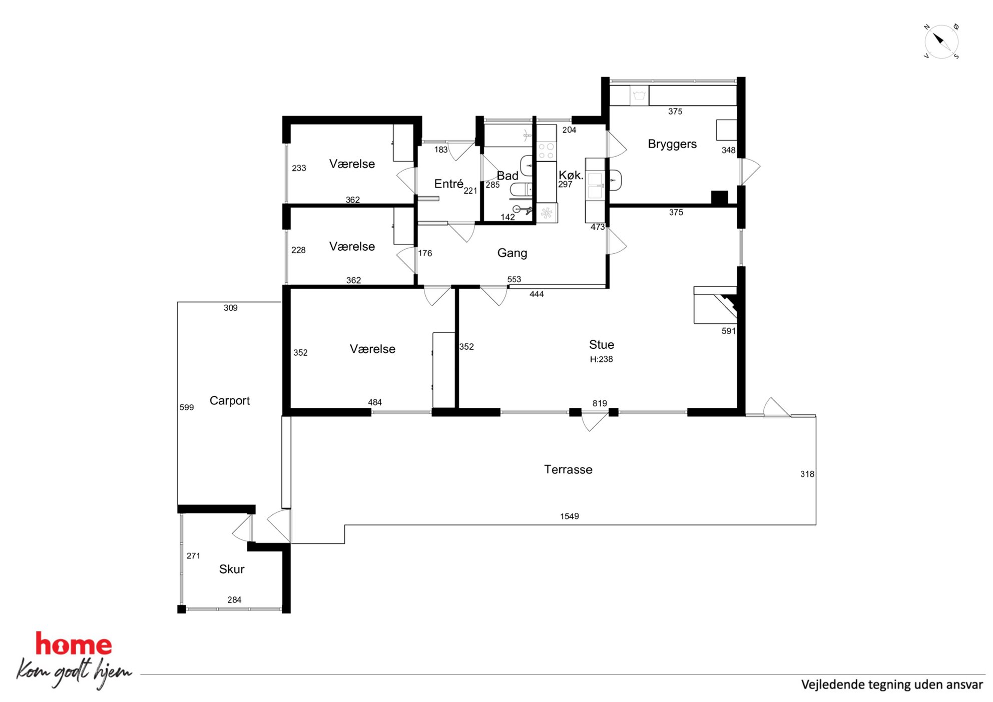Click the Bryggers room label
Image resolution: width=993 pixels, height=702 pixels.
point(672,144)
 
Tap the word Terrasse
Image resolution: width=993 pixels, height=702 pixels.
point(568,469)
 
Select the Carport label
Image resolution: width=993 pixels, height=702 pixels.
point(229,401)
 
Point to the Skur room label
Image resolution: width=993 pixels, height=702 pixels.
point(232,569)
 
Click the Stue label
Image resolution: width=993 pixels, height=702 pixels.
point(602,345)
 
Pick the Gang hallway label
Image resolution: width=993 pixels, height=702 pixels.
point(512,253)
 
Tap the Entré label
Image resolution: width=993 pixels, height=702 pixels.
point(448,184)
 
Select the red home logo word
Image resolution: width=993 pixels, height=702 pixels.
point(74,644)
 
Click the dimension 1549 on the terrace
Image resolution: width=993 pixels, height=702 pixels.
point(570,516)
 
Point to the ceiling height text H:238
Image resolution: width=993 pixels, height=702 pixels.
point(601,359)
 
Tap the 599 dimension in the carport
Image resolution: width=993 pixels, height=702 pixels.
point(187,407)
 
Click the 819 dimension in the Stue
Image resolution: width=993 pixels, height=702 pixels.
point(600,403)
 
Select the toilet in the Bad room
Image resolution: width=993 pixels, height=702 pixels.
point(521,190)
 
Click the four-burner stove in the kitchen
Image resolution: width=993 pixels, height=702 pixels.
point(546,151)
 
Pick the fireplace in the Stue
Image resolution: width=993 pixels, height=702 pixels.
point(716,305)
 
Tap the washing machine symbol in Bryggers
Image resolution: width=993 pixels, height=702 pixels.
point(639,95)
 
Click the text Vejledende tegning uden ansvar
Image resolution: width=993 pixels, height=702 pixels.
point(892,684)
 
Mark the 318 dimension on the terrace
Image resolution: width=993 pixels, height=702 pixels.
point(807,474)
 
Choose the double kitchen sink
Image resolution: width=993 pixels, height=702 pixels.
point(595,186)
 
